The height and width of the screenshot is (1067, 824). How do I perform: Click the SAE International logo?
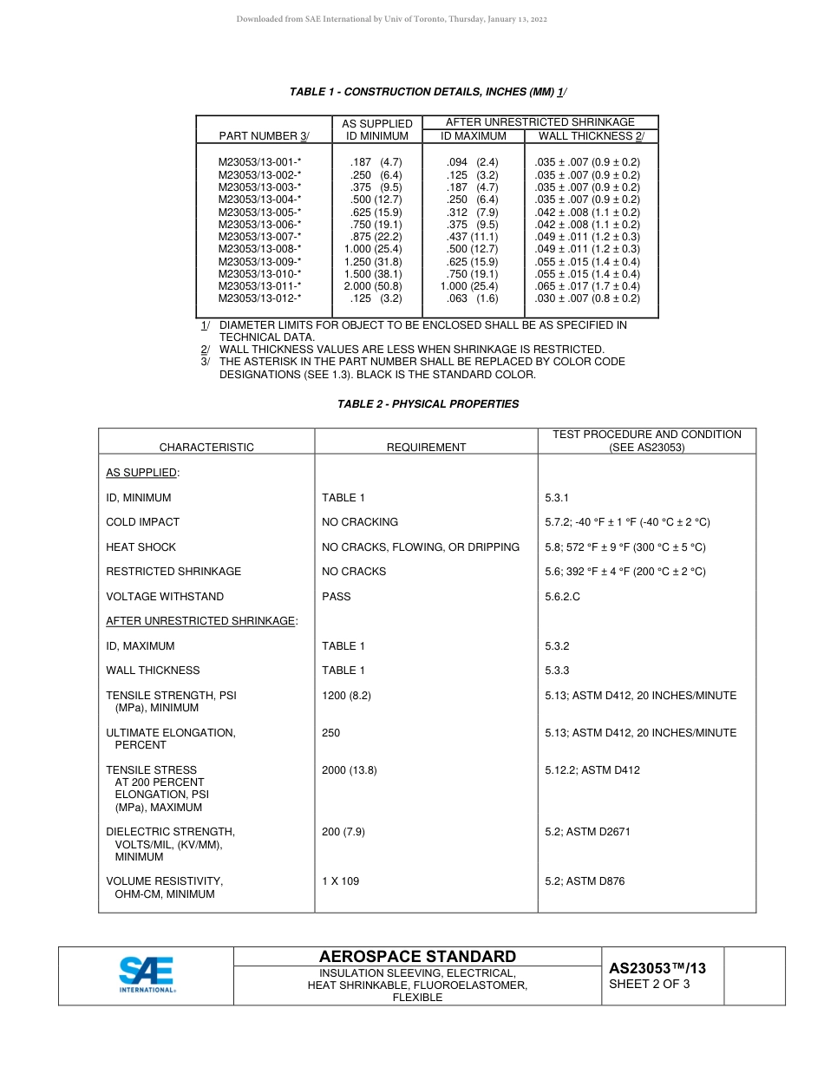pyautogui.click(x=147, y=974)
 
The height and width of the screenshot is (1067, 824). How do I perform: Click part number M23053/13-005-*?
pyautogui.click(x=259, y=212)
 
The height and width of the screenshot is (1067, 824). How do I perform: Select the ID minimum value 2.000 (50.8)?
pyautogui.click(x=372, y=285)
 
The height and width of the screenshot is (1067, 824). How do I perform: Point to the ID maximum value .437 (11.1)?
pyautogui.click(x=472, y=236)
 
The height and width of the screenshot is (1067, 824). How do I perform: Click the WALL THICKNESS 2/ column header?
pyautogui.click(x=591, y=136)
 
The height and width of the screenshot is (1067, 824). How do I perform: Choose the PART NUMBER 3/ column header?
pyautogui.click(x=264, y=136)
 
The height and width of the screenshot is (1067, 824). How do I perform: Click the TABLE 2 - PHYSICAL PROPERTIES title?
pyautogui.click(x=428, y=404)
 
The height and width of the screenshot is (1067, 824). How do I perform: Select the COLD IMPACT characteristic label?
pyautogui.click(x=142, y=522)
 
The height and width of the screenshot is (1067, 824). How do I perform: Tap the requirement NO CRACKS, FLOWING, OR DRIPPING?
pyautogui.click(x=421, y=547)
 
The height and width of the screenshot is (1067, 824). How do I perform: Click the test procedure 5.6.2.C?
pyautogui.click(x=562, y=597)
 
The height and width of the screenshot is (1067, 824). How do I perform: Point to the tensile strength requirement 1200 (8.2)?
pyautogui.click(x=346, y=696)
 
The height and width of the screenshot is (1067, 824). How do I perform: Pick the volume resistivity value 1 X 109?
pyautogui.click(x=340, y=881)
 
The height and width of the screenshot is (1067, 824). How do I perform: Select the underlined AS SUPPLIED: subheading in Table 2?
pyautogui.click(x=142, y=473)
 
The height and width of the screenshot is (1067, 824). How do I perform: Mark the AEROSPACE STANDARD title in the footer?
pyautogui.click(x=417, y=956)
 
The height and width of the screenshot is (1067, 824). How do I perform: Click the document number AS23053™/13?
pyautogui.click(x=657, y=969)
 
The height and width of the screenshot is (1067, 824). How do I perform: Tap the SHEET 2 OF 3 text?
pyautogui.click(x=650, y=985)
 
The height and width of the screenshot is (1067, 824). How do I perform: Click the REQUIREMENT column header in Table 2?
pyautogui.click(x=426, y=448)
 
